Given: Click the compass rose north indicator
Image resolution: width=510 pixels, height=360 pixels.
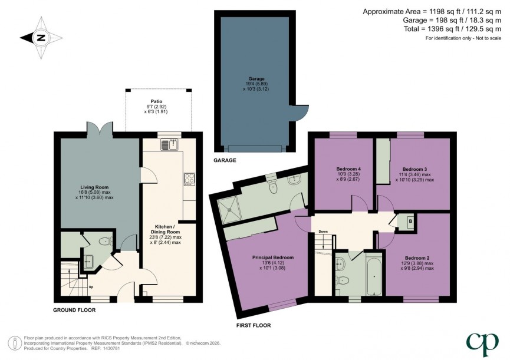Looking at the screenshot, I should point(40,38).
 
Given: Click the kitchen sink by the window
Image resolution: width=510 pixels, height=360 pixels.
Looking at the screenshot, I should point(169,143).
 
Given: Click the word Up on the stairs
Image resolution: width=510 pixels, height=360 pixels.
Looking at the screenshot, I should point(90,287).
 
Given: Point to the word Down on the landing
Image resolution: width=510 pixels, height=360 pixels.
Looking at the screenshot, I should point(323,232).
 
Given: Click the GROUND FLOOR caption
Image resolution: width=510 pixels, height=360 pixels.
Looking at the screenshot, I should point(74,309).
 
